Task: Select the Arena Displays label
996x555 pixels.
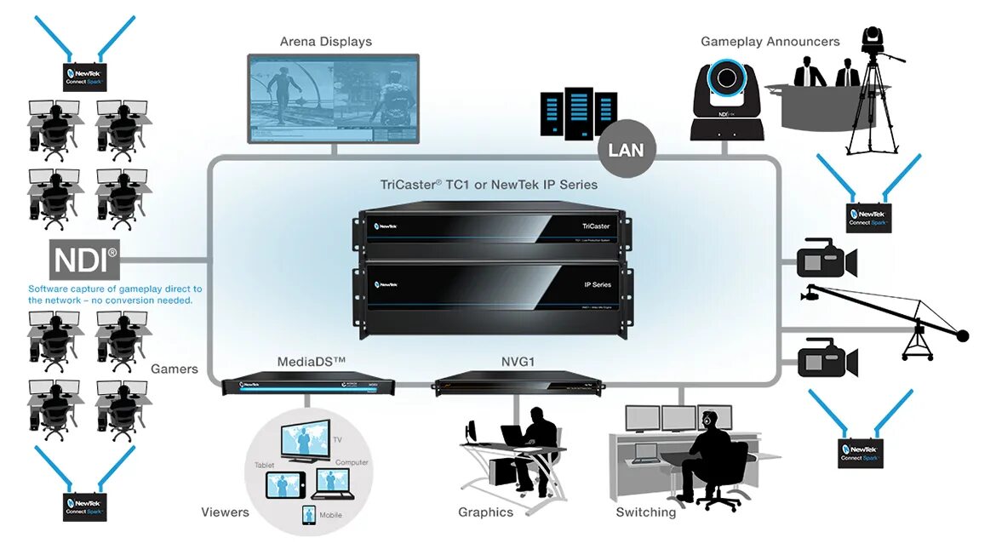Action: tap(326, 42)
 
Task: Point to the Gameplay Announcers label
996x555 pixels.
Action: tap(770, 42)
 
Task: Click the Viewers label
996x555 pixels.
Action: tap(225, 512)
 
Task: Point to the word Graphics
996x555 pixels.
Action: tap(485, 512)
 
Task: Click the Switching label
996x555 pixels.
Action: tap(646, 512)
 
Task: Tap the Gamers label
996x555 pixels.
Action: tap(175, 369)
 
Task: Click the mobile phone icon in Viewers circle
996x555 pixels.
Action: tap(308, 515)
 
